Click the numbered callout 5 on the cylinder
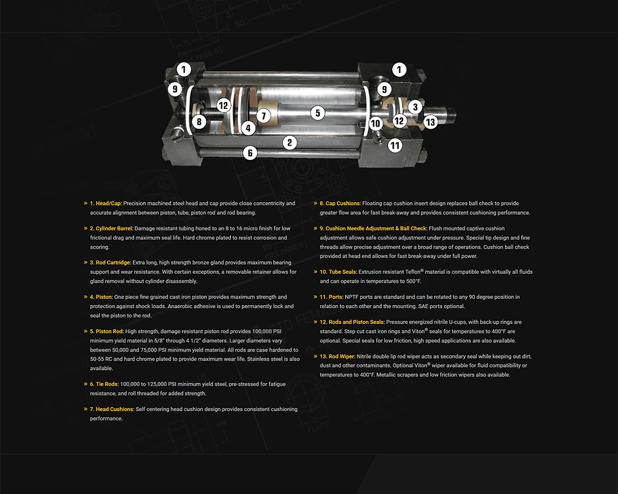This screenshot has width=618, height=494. pyautogui.click(x=317, y=113)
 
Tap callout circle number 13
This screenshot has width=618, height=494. pyautogui.click(x=430, y=122)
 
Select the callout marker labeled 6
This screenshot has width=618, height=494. pyautogui.click(x=250, y=152)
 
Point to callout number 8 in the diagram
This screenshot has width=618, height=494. pyautogui.click(x=198, y=122)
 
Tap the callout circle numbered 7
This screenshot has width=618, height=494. pyautogui.click(x=263, y=115)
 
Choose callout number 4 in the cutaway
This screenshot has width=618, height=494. pyautogui.click(x=248, y=128)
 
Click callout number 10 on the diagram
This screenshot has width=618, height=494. pyautogui.click(x=376, y=124)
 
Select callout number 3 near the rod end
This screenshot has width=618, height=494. pyautogui.click(x=415, y=107)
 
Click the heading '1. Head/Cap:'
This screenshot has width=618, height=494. pyautogui.click(x=106, y=203)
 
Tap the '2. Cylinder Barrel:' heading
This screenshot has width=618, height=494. pyautogui.click(x=111, y=228)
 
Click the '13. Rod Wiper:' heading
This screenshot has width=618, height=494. pyautogui.click(x=337, y=357)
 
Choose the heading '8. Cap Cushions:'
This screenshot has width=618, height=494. pyautogui.click(x=340, y=203)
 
